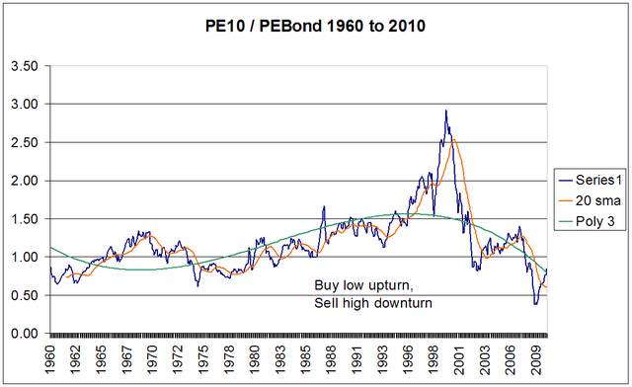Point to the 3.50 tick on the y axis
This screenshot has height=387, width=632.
click(26, 66)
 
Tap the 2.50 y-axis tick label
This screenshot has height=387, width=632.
click(26, 142)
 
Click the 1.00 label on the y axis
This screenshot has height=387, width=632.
click(26, 257)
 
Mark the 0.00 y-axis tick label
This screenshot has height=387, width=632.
click(26, 334)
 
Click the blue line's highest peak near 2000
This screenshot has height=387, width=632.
click(445, 111)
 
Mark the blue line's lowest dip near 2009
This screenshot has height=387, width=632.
click(535, 303)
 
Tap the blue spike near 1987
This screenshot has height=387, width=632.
click(323, 206)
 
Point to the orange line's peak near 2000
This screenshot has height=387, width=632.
click(453, 139)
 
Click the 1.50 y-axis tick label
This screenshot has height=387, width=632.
click(26, 219)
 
